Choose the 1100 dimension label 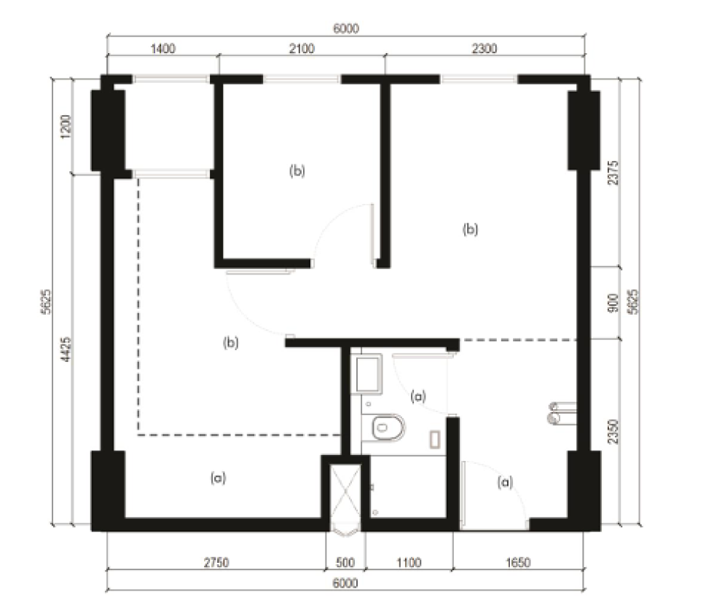[x=408, y=562]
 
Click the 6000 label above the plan [x=346, y=29]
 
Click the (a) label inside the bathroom [x=417, y=396]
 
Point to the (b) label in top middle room [x=297, y=171]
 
